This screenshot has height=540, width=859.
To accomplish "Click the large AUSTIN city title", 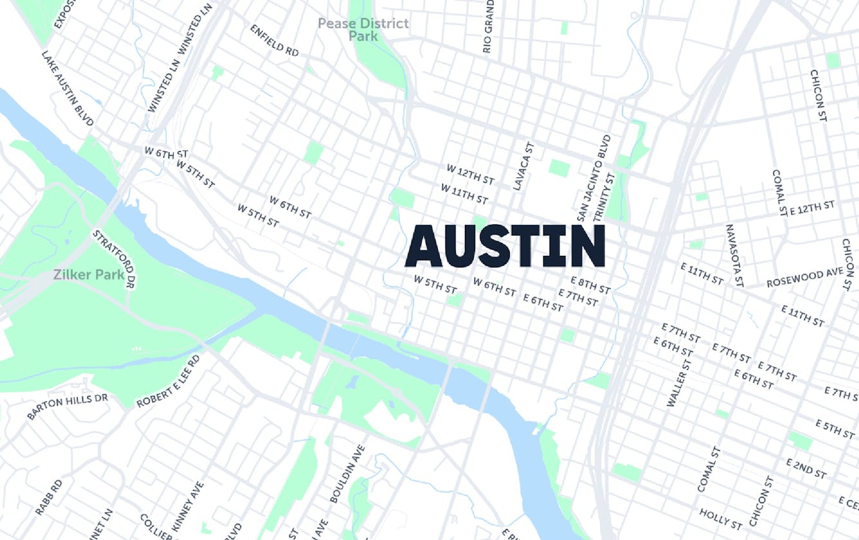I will click(x=505, y=246).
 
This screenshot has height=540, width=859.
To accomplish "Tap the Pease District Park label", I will click(x=363, y=30).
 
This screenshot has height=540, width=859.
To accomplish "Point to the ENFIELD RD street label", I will click(x=275, y=40).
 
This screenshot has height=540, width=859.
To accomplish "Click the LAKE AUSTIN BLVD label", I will click(x=68, y=89).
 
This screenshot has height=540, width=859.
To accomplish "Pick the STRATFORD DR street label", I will click(x=113, y=259).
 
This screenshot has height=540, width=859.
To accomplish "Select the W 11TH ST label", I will click(x=464, y=194).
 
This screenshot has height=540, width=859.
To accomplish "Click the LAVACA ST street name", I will click(x=523, y=166).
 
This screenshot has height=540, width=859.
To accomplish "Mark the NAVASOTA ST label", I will click(x=734, y=255).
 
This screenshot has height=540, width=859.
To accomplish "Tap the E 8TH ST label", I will click(x=590, y=285).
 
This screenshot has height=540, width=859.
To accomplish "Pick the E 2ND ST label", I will click(x=806, y=469).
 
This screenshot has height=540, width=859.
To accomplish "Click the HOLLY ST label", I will click(x=721, y=516).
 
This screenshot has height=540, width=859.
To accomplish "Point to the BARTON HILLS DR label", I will click(x=67, y=406).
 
